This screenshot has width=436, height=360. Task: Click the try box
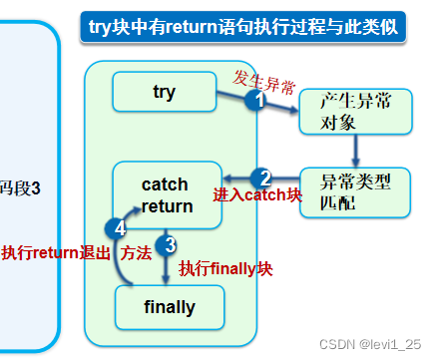pyautogui.click(x=164, y=92)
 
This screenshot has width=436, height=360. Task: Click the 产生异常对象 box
pyautogui.click(x=354, y=112)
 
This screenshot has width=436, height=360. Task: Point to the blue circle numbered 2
pyautogui.click(x=262, y=178)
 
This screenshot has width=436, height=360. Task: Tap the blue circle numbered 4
pyautogui.click(x=120, y=228)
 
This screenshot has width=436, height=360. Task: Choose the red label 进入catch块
pyautogui.click(x=257, y=195)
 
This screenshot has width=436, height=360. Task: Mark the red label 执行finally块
pyautogui.click(x=225, y=268)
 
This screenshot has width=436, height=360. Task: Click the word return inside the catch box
pyautogui.click(x=165, y=205)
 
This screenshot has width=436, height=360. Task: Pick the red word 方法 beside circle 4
pyautogui.click(x=136, y=253)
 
